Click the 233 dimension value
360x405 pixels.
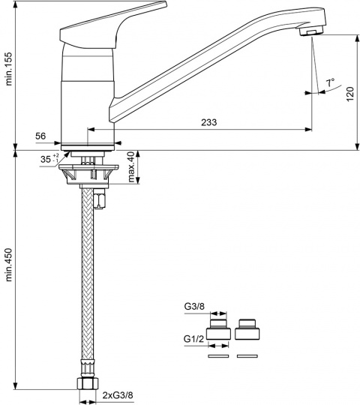click(x=209, y=122)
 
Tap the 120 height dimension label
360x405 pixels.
click(x=350, y=94)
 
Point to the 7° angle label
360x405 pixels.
click(x=330, y=83)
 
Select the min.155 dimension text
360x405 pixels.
click(x=9, y=69)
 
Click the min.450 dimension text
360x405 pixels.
click(x=9, y=265)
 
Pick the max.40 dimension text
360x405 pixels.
click(x=131, y=167)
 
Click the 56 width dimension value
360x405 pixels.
click(x=40, y=136)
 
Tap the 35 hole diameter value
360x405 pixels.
click(x=46, y=159)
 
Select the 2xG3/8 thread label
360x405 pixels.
click(x=118, y=395)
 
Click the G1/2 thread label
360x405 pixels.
click(x=193, y=338)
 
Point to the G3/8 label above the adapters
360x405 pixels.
click(x=194, y=307)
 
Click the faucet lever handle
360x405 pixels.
click(x=112, y=25)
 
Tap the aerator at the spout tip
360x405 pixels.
click(x=311, y=31)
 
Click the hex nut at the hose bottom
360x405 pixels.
click(x=88, y=383)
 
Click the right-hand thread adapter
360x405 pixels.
click(x=247, y=329)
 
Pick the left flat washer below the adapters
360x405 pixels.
click(x=218, y=356)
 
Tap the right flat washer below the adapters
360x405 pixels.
click(x=247, y=356)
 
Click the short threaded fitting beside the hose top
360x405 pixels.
click(x=100, y=198)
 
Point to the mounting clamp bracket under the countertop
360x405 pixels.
click(x=88, y=174)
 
